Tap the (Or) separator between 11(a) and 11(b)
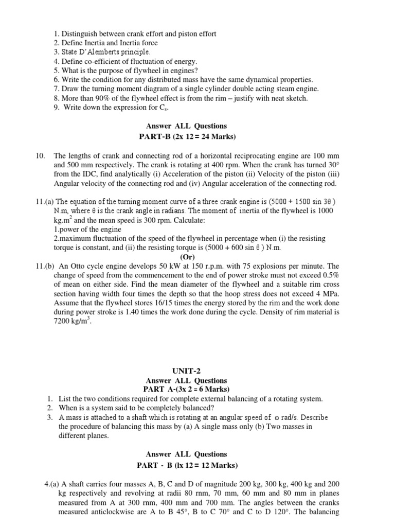click(187, 256)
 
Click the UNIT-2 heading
click(186, 371)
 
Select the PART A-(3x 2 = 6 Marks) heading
click(186, 389)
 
